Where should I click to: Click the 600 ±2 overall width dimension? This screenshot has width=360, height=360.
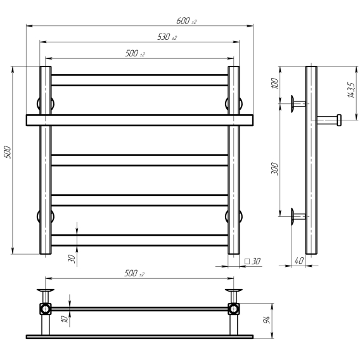point(186,21)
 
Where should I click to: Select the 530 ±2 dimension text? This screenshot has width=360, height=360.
point(167,37)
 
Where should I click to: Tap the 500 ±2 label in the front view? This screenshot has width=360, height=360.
point(135,53)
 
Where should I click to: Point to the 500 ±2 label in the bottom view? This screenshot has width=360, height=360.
point(134,273)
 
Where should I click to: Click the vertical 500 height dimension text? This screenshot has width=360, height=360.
point(8,151)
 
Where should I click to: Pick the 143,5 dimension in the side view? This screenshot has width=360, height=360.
point(351,90)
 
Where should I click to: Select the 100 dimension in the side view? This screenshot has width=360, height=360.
point(274,83)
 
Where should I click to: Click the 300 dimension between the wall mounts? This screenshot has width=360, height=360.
point(274,169)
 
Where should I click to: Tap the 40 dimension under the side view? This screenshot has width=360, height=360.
point(299,261)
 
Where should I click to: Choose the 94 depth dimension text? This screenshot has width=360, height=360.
point(266,319)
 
